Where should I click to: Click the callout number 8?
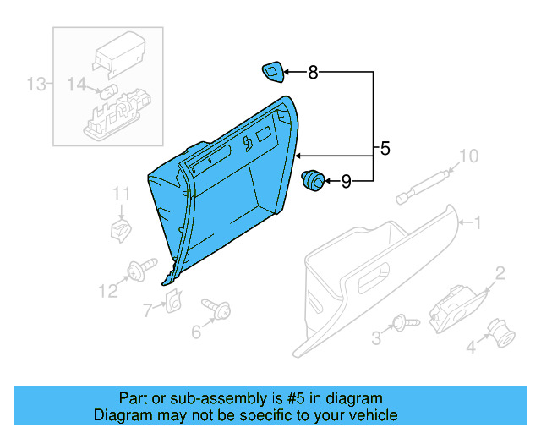coord(313,73)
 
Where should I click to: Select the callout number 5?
coord(385,150)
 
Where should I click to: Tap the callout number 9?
coord(346,180)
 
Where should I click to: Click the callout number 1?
coord(477,223)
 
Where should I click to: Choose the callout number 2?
coord(500,272)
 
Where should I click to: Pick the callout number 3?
coord(376,339)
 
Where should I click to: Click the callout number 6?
coord(196,332)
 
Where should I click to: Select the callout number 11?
coord(122,194)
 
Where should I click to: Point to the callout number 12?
coord(107,292)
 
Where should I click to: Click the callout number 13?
coord(36,84)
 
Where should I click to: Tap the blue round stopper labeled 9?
coord(313,179)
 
